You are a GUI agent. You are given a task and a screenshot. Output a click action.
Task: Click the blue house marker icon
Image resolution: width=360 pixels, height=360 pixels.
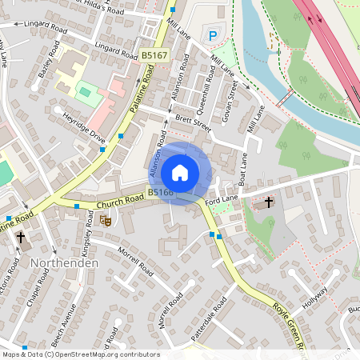point(180,173)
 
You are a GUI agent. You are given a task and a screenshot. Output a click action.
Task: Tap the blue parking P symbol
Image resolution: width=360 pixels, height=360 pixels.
point(213,35)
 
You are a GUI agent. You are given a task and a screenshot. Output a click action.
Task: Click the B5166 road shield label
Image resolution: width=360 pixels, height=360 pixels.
point(161,192)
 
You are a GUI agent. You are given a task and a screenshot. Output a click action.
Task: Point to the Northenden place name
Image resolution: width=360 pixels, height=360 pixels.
point(65,262)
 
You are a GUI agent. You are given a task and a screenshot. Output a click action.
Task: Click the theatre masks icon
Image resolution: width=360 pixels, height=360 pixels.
point(106,222)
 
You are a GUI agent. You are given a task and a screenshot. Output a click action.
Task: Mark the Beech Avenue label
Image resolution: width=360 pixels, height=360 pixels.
point(64,324)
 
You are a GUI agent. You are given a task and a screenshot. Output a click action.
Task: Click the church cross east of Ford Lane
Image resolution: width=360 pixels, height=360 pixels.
point(269,202)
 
